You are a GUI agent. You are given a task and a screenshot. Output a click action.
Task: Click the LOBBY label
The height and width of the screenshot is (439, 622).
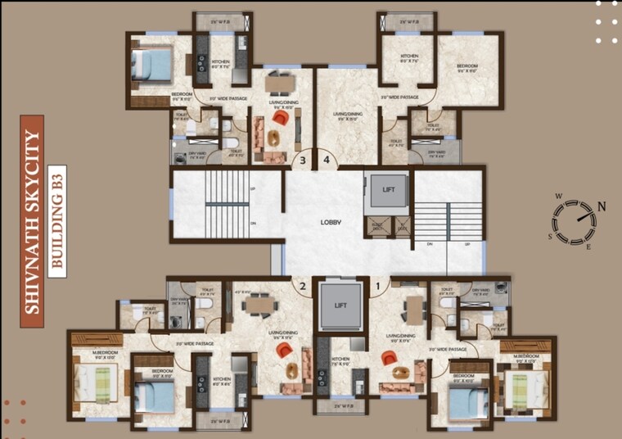coord(331,222)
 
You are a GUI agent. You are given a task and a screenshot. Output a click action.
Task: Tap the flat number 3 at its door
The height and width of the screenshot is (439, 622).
coord(303,161)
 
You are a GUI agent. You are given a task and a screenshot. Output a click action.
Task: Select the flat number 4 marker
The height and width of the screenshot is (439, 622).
coord(327,161)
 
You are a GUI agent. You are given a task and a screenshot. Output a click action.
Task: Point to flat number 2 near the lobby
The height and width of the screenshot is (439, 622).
coord(303,287)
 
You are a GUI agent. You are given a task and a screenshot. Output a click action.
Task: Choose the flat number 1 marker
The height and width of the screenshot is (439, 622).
coord(378,287)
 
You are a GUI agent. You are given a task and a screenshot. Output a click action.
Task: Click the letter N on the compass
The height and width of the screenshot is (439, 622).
coord(602,206)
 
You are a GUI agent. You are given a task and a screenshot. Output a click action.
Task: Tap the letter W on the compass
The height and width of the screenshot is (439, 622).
coord(557,197)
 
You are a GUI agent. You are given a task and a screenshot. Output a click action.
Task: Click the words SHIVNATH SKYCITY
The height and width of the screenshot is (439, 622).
coord(33,222)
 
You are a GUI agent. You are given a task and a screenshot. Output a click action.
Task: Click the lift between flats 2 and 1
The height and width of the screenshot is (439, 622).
coord(340,305)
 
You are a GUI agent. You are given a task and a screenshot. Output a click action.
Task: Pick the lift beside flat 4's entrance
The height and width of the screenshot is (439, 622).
coord(388,190)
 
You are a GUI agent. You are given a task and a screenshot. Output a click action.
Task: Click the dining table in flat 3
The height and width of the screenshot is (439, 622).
coord(278,83)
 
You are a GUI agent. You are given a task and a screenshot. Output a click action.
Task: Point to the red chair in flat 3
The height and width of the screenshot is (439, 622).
coord(280,119)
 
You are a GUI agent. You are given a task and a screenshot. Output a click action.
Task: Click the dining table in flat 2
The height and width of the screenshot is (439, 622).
coord(259,305)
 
